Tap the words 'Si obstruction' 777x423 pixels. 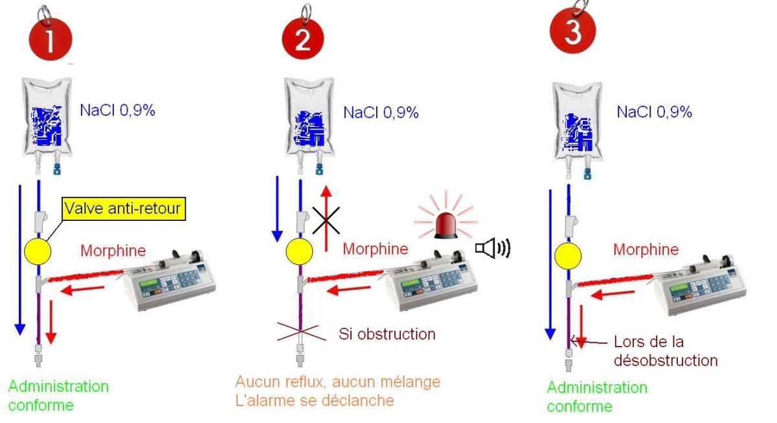click(x=387, y=335)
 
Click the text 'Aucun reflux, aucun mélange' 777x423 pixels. click(x=337, y=382)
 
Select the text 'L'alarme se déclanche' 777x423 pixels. click(x=315, y=400)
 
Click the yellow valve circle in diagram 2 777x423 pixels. click(x=299, y=252)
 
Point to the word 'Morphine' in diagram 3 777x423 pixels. click(x=646, y=249)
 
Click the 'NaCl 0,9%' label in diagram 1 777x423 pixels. click(x=117, y=109)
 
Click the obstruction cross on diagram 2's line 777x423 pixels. click(x=300, y=335)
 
